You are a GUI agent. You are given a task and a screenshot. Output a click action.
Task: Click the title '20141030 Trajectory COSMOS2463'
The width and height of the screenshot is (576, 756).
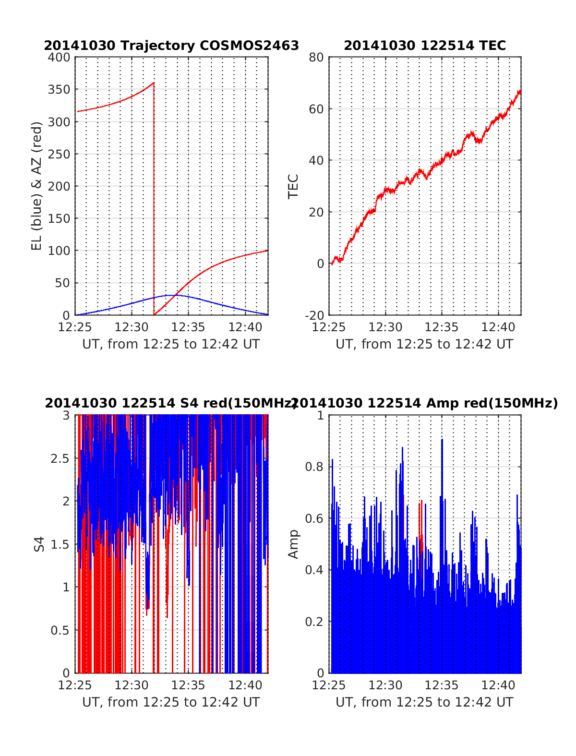point(171,46)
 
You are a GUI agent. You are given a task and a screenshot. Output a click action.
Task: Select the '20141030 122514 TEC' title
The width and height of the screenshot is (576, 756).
point(425,46)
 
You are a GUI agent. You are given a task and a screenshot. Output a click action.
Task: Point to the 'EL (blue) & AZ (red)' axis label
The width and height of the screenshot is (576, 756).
point(37,186)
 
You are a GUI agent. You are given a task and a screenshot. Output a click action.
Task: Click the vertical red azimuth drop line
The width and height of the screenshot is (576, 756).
point(154,202)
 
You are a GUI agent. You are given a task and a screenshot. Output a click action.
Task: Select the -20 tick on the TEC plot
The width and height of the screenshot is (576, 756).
point(315,315)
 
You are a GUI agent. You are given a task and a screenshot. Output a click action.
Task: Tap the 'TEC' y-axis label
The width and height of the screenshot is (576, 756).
point(293,186)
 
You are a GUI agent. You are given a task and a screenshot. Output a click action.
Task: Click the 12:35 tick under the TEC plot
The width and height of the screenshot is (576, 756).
point(442,327)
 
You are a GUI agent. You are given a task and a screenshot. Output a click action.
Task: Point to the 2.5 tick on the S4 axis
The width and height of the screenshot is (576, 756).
point(60,458)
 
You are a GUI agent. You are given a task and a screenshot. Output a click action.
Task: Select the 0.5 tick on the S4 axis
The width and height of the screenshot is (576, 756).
point(60,630)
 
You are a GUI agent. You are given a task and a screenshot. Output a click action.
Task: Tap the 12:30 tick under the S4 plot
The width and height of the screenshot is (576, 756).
point(132,685)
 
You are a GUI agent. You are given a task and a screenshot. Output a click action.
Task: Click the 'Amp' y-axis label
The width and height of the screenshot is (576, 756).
point(293,544)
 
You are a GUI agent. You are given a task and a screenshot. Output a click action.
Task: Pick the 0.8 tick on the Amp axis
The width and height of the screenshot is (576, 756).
point(315,467)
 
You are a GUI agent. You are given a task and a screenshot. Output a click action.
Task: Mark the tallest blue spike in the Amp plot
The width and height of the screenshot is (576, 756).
point(442,440)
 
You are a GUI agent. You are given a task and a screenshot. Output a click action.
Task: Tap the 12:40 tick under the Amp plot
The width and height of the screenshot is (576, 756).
point(498,685)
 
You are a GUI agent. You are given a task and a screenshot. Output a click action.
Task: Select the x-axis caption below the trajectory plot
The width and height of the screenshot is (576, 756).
point(171,344)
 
